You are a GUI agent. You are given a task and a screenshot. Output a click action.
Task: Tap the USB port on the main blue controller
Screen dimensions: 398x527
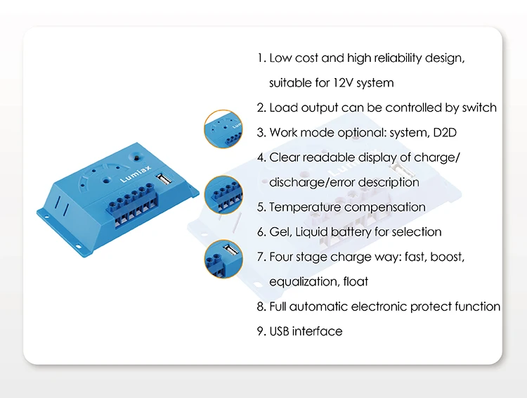click(163, 181)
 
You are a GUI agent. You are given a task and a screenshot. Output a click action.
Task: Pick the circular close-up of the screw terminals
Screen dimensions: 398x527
click(223, 194)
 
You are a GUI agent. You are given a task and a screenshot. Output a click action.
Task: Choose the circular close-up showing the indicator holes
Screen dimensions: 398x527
click(223, 129)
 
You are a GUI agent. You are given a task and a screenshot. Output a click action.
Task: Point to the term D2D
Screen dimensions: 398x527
click(434, 132)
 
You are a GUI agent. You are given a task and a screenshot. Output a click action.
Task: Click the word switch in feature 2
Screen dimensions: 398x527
click(479, 108)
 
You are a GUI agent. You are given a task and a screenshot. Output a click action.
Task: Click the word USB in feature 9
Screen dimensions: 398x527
click(279, 331)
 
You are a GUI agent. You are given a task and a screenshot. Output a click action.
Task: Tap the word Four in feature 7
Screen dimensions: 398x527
click(281, 257)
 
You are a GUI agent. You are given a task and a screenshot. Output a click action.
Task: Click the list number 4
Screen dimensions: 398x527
click(261, 158)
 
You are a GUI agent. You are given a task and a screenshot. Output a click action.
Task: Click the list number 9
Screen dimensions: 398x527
click(261, 331)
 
